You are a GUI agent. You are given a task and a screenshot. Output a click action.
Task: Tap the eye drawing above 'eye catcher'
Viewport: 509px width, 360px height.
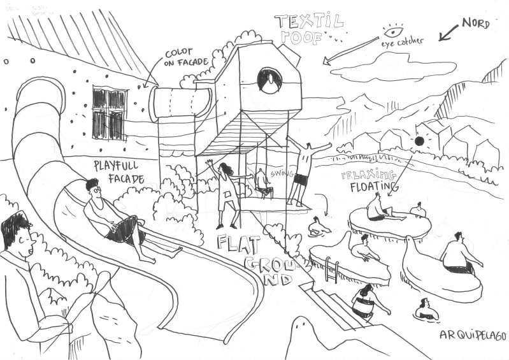pyautogui.click(x=393, y=31)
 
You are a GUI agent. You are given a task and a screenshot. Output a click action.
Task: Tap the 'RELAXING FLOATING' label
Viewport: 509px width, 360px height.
pyautogui.click(x=368, y=180)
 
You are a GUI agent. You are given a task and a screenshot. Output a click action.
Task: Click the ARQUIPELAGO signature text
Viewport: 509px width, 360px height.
pyautogui.click(x=472, y=335)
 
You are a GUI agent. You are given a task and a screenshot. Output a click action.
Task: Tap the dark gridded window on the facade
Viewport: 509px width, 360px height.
pyautogui.click(x=109, y=113)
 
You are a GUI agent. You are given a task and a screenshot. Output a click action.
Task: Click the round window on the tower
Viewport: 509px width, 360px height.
pyautogui.click(x=269, y=80)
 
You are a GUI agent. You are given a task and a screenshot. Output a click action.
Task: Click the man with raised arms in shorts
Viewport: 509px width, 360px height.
pyautogui.click(x=305, y=170)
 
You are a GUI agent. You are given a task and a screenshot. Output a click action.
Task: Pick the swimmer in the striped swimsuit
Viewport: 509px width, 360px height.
pyautogui.click(x=364, y=303)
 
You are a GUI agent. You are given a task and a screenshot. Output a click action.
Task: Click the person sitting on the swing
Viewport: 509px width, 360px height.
pyautogui.click(x=261, y=181)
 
